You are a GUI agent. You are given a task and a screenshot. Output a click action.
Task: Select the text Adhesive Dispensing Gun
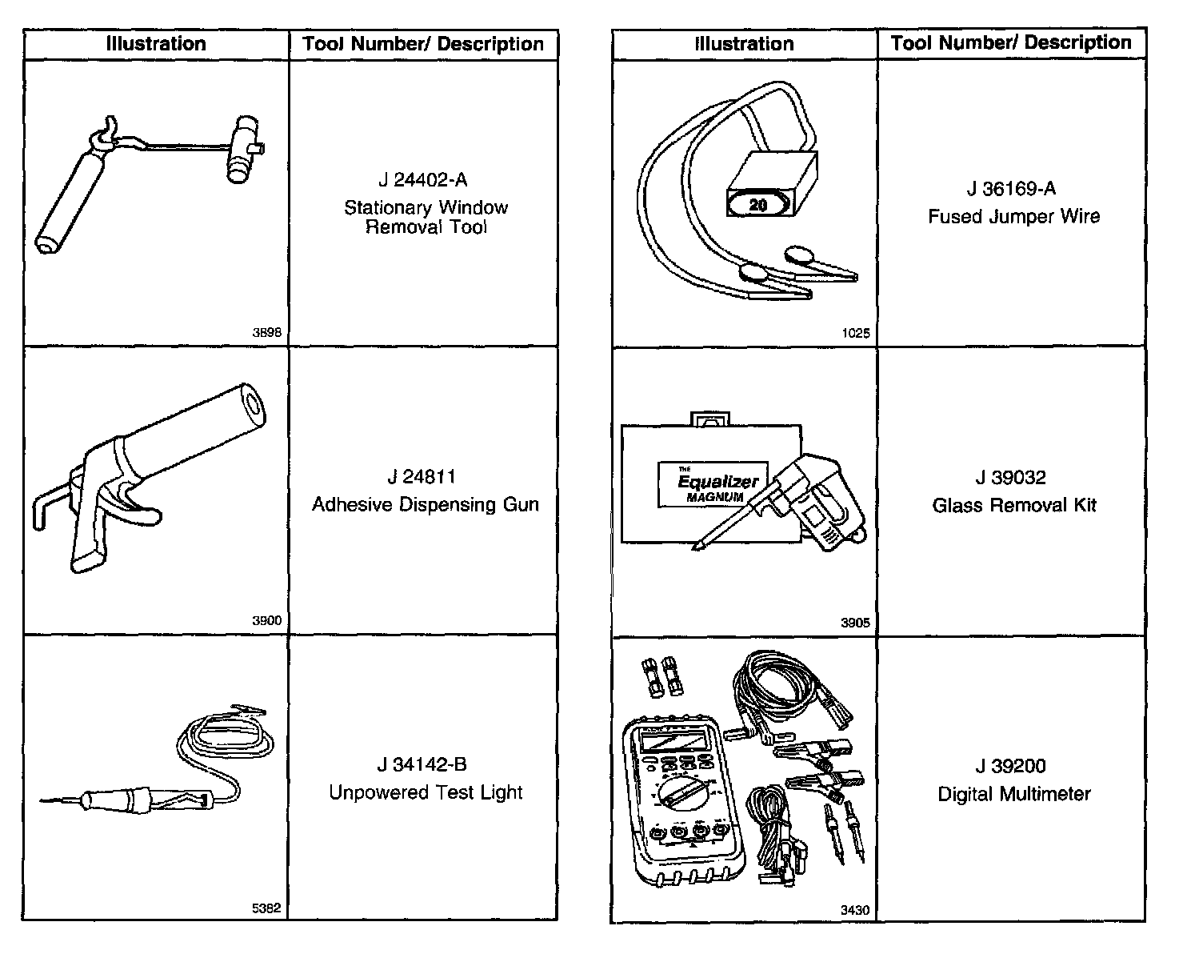pyautogui.click(x=425, y=505)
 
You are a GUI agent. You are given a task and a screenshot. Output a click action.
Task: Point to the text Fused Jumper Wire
pyautogui.click(x=1013, y=217)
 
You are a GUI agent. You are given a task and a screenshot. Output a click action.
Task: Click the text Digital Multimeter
pyautogui.click(x=1013, y=794)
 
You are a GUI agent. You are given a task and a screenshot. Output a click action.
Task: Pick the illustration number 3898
pyautogui.click(x=266, y=333)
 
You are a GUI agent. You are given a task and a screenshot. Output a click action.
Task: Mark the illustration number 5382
pyautogui.click(x=266, y=908)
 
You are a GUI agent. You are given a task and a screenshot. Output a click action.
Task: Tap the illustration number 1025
pyautogui.click(x=855, y=333)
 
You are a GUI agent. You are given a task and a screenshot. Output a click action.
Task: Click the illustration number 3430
pyautogui.click(x=855, y=910)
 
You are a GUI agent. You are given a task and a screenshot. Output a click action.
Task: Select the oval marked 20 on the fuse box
pyautogui.click(x=757, y=205)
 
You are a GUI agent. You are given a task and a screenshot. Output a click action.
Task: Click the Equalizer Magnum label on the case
pyautogui.click(x=712, y=484)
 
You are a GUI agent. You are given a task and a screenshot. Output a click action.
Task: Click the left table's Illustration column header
pyautogui.click(x=156, y=44)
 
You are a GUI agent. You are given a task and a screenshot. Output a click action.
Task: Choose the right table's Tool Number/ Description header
pyautogui.click(x=1011, y=42)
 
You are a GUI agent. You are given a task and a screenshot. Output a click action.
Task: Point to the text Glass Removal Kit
pyautogui.click(x=1013, y=506)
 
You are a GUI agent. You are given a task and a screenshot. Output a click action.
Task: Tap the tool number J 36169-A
pyautogui.click(x=1011, y=189)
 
